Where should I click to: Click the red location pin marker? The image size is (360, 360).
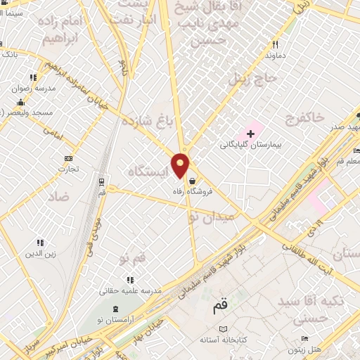[181, 167]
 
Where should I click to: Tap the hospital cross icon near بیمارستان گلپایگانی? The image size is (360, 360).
[250, 133]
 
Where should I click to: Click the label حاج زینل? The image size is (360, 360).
[247, 78]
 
